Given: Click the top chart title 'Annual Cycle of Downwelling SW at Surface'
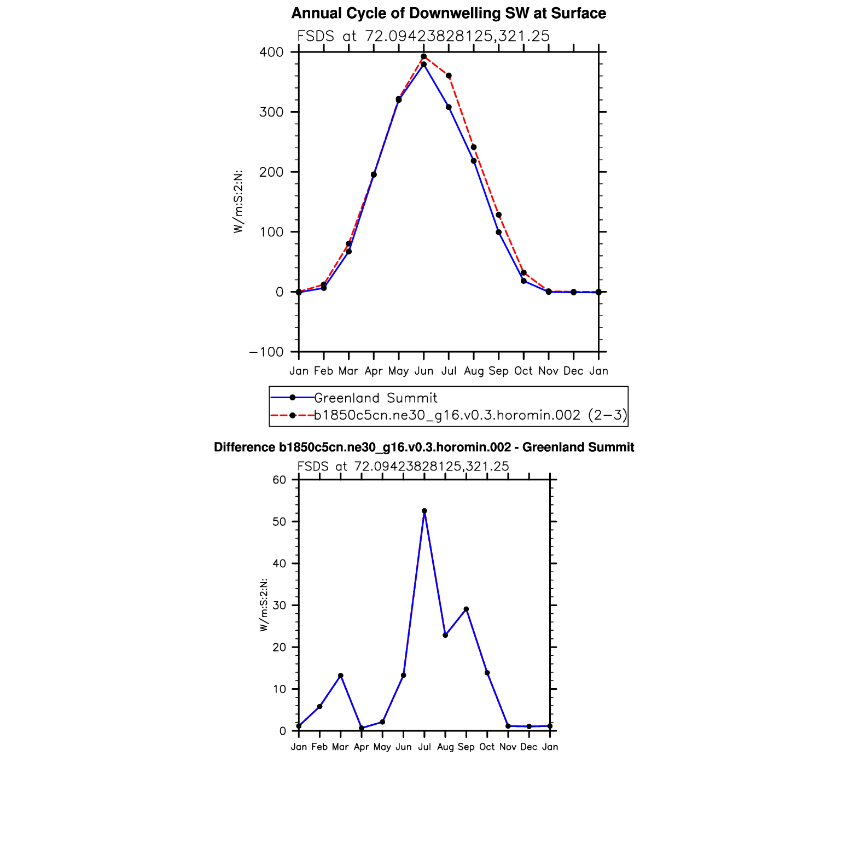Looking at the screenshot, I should tap(449, 13).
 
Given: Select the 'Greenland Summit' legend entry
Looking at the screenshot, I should tap(375, 398).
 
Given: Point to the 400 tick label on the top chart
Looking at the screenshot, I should tap(272, 53).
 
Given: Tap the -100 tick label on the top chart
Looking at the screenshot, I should tap(266, 352).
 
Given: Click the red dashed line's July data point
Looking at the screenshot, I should tap(449, 75).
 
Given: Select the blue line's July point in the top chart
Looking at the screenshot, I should tap(449, 107).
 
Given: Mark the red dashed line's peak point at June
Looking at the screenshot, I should tap(424, 56).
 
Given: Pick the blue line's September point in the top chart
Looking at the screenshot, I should tap(499, 232).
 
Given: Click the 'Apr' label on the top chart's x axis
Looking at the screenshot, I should tap(374, 371).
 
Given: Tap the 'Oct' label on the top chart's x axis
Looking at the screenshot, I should tap(523, 371).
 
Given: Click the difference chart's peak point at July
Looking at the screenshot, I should tap(424, 511).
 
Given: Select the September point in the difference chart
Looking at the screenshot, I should tap(466, 609).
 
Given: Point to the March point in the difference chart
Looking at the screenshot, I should tap(341, 676).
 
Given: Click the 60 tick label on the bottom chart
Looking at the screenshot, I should tap(280, 480).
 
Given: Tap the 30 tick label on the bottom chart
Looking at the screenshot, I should tap(280, 606).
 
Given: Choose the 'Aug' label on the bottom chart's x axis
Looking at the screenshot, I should tap(445, 747).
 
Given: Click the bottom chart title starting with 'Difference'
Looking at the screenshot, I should tap(424, 447).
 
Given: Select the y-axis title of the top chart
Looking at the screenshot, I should tap(238, 202).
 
